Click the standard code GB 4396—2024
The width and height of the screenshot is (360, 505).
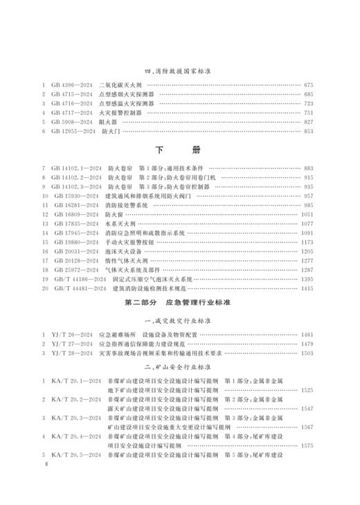[x=71, y=85]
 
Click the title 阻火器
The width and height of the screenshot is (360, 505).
[x=109, y=121]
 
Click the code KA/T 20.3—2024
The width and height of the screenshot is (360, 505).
[x=76, y=417]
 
